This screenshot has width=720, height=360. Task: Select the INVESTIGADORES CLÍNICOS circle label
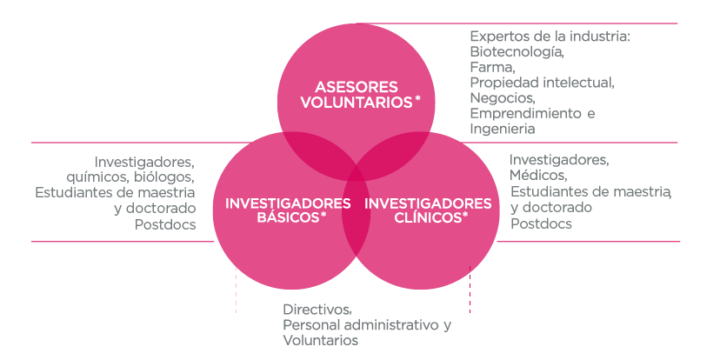(428, 210)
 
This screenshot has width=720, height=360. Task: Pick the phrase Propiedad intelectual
(542, 83)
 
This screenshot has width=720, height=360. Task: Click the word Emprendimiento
(525, 113)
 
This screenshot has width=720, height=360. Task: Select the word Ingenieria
(502, 129)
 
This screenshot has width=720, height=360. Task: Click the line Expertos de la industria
(550, 37)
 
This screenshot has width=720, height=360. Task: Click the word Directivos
(317, 310)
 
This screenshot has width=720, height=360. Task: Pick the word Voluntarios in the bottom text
(320, 341)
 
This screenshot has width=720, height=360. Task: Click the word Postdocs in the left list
(164, 223)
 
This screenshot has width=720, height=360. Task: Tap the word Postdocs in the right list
(541, 223)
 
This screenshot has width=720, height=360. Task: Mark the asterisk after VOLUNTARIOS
(418, 99)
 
